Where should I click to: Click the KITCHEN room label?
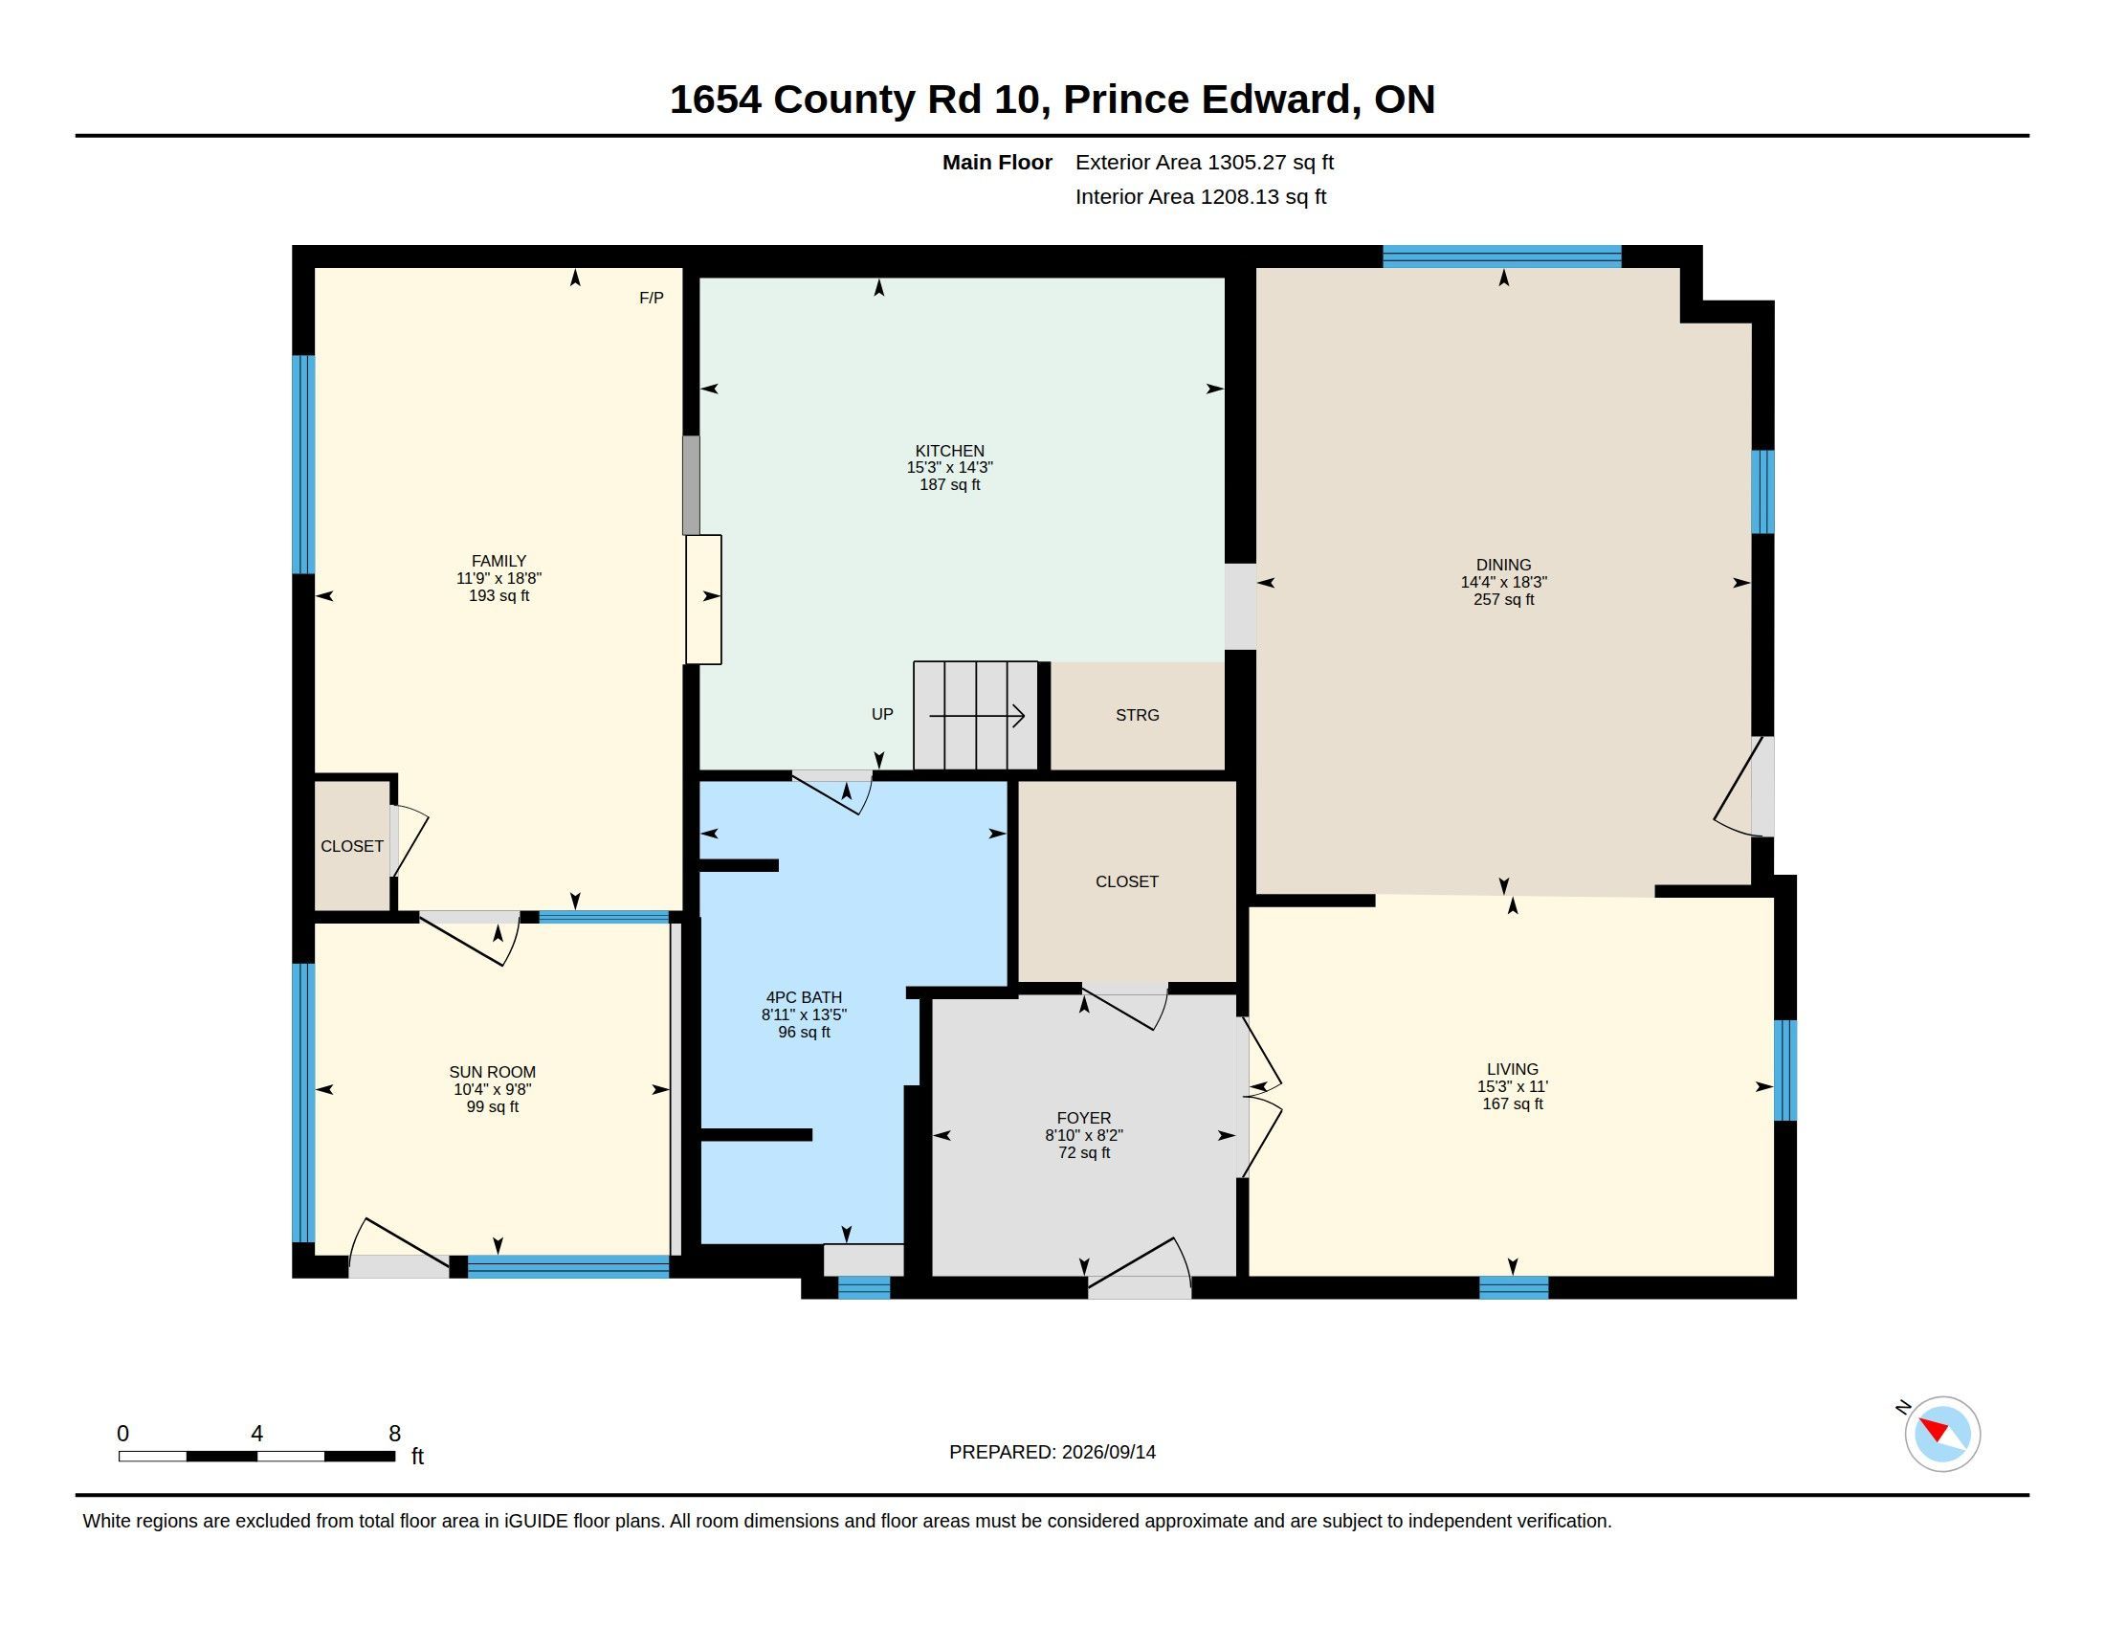click(x=949, y=450)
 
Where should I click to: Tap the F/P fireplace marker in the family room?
click(x=652, y=298)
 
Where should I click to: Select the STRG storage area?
click(x=1138, y=715)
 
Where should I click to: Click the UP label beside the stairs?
click(x=882, y=714)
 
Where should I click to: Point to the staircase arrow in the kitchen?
click(x=976, y=716)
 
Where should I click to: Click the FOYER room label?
click(x=1083, y=1118)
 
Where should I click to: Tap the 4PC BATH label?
click(x=804, y=997)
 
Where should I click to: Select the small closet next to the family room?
click(x=352, y=845)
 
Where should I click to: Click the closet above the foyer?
click(x=1127, y=880)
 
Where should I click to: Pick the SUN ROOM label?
click(x=493, y=1072)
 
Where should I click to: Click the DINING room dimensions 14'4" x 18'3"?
click(x=1503, y=582)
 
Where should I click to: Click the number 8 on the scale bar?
click(x=394, y=1434)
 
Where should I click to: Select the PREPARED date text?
click(x=1052, y=1452)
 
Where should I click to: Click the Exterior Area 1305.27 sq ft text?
click(x=1205, y=162)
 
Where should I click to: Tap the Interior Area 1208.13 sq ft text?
click(x=1201, y=196)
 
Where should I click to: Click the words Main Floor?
click(x=997, y=162)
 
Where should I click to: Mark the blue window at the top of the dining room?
click(x=1501, y=256)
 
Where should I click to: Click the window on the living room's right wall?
click(x=1785, y=1070)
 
